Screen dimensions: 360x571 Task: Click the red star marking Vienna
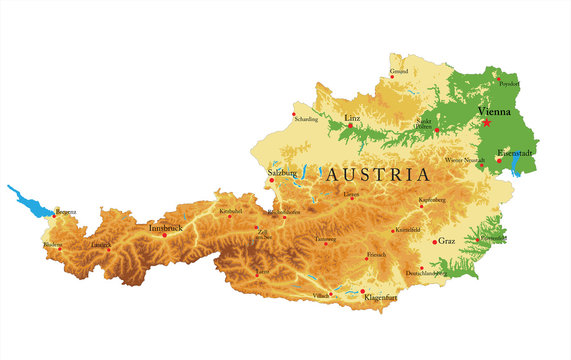(x=487, y=122)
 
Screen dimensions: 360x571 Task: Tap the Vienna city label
(x=495, y=110)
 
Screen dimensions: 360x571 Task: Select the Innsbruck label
(x=166, y=228)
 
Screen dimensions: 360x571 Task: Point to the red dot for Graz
(x=435, y=241)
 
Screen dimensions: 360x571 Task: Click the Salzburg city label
(x=282, y=172)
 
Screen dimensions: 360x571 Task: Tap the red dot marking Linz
(x=351, y=126)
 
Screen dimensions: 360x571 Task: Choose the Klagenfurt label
(x=384, y=298)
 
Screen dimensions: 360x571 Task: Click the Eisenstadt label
(x=516, y=152)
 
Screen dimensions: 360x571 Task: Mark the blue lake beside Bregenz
(x=30, y=201)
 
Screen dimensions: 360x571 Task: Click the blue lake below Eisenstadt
(x=515, y=169)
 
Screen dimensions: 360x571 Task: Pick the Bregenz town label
(x=65, y=212)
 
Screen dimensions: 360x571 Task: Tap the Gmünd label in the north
(x=399, y=72)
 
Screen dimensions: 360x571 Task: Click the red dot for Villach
(x=331, y=292)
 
